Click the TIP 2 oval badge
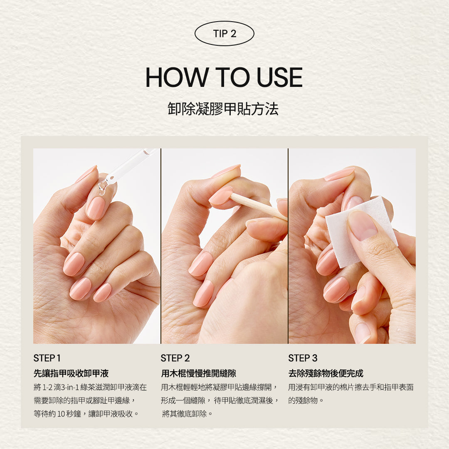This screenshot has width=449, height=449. click(x=224, y=33)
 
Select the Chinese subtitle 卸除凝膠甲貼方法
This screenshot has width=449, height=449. click(x=223, y=109)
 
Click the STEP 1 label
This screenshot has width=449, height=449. click(x=47, y=358)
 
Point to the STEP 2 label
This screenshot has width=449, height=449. click(x=175, y=358)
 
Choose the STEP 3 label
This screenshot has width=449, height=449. click(x=303, y=358)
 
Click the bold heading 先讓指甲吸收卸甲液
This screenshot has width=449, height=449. click(x=71, y=373)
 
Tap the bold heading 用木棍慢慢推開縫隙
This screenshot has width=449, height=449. click(x=199, y=373)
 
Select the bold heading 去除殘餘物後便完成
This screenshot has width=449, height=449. click(x=326, y=373)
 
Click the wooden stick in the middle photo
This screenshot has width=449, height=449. click(x=258, y=206)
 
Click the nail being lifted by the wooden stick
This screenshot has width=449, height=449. click(x=221, y=196)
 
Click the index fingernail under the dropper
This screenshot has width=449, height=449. click(x=96, y=208)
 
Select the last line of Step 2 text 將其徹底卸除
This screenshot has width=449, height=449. click(x=187, y=414)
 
